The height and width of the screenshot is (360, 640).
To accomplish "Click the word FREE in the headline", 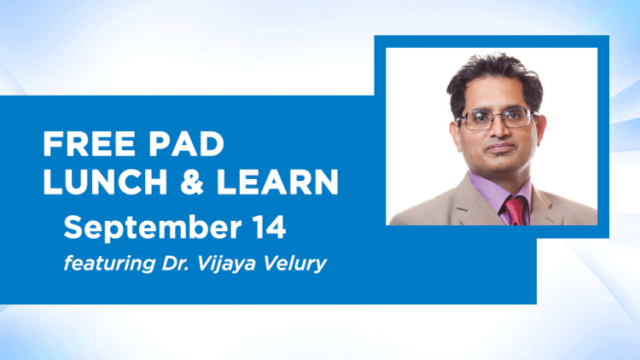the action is coord(89,144).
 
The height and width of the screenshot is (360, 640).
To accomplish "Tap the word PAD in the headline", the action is coord(186,144).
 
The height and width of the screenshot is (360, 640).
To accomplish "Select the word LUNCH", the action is coord(105,181).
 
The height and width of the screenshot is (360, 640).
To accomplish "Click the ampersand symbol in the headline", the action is coord(192,181).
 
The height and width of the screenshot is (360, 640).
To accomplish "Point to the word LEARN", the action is coord(277,181).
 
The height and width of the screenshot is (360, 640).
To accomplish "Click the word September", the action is coord(152,228).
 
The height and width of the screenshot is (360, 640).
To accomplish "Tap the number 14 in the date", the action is coord(269,227).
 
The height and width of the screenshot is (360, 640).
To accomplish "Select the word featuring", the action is coord(109,264).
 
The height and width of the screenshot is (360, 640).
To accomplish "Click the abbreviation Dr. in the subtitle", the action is coord(174,264).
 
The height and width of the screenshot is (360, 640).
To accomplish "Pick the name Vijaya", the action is coord(226,264).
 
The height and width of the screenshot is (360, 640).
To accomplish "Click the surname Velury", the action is coord(294,264).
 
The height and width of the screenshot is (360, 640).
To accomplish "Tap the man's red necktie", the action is coord(515,211).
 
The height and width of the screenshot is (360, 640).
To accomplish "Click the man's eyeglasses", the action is coord(496,119).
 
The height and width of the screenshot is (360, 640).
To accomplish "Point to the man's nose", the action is coord(499,131).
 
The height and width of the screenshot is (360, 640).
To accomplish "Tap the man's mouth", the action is coord(500,148).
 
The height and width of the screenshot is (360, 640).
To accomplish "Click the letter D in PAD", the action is coord(212,144).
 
